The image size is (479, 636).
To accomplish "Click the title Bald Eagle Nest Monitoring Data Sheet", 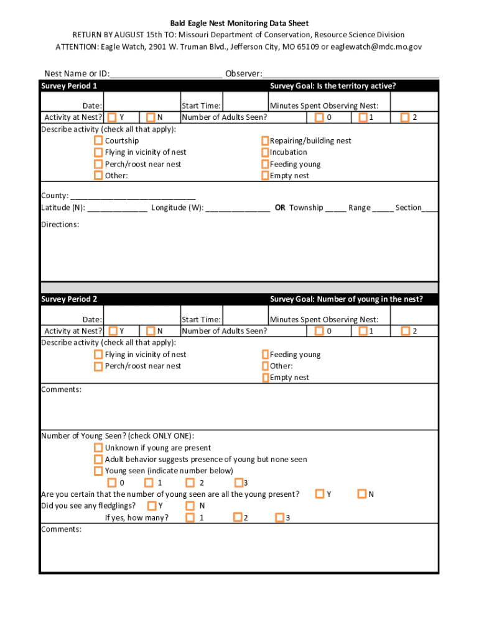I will (240, 24).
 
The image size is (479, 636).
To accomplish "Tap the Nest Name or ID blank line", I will (166, 74).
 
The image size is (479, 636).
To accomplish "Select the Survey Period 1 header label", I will (69, 86).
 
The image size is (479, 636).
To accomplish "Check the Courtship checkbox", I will (98, 141).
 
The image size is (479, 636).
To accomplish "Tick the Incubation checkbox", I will (265, 152).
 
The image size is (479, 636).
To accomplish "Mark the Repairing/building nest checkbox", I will (265, 141).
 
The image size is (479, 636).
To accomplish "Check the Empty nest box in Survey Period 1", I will (265, 176).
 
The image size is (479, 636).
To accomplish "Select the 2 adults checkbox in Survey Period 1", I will (405, 117).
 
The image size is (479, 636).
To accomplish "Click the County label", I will (55, 196).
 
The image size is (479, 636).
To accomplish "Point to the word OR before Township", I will (280, 207).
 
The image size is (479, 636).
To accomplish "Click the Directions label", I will (60, 224).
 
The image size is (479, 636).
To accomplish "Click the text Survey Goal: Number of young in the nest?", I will (346, 299).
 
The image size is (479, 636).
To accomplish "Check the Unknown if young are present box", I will (98, 448).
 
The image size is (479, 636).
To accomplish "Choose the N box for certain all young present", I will (362, 494).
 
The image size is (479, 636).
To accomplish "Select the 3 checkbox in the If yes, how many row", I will (279, 517).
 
